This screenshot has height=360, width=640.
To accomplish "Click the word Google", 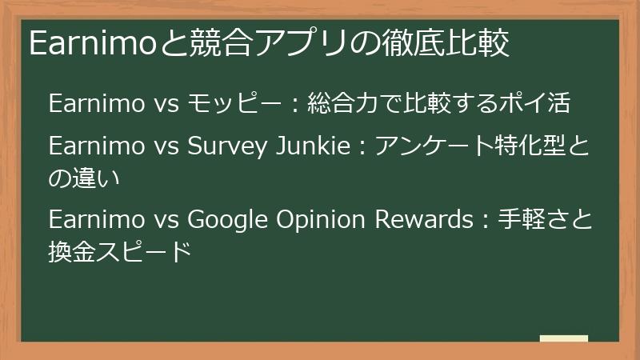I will point(227,219).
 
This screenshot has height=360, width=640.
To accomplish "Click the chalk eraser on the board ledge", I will point(564,338).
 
